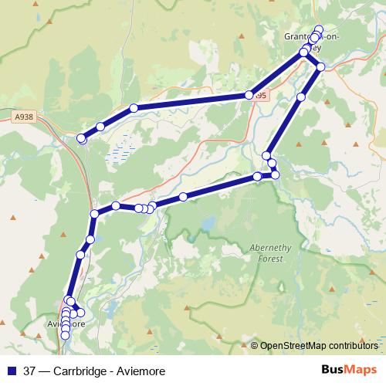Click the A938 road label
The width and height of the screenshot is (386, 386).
click(25, 115)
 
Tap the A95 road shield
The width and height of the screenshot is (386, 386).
click(261, 96)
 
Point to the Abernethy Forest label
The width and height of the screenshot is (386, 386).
click(270, 252)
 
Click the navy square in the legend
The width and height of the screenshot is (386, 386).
click(11, 371)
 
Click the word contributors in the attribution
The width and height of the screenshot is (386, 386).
click(353, 345)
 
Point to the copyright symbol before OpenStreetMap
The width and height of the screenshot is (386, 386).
click(255, 345)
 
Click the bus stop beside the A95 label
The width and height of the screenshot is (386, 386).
click(249, 95)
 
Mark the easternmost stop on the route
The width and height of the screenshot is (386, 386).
click(320, 66)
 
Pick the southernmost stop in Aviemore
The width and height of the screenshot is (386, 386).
click(65, 335)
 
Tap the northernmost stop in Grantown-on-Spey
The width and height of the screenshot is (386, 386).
click(319, 29)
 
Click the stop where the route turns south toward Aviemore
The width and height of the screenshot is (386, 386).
click(94, 213)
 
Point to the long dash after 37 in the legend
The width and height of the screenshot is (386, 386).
click(46, 371)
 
